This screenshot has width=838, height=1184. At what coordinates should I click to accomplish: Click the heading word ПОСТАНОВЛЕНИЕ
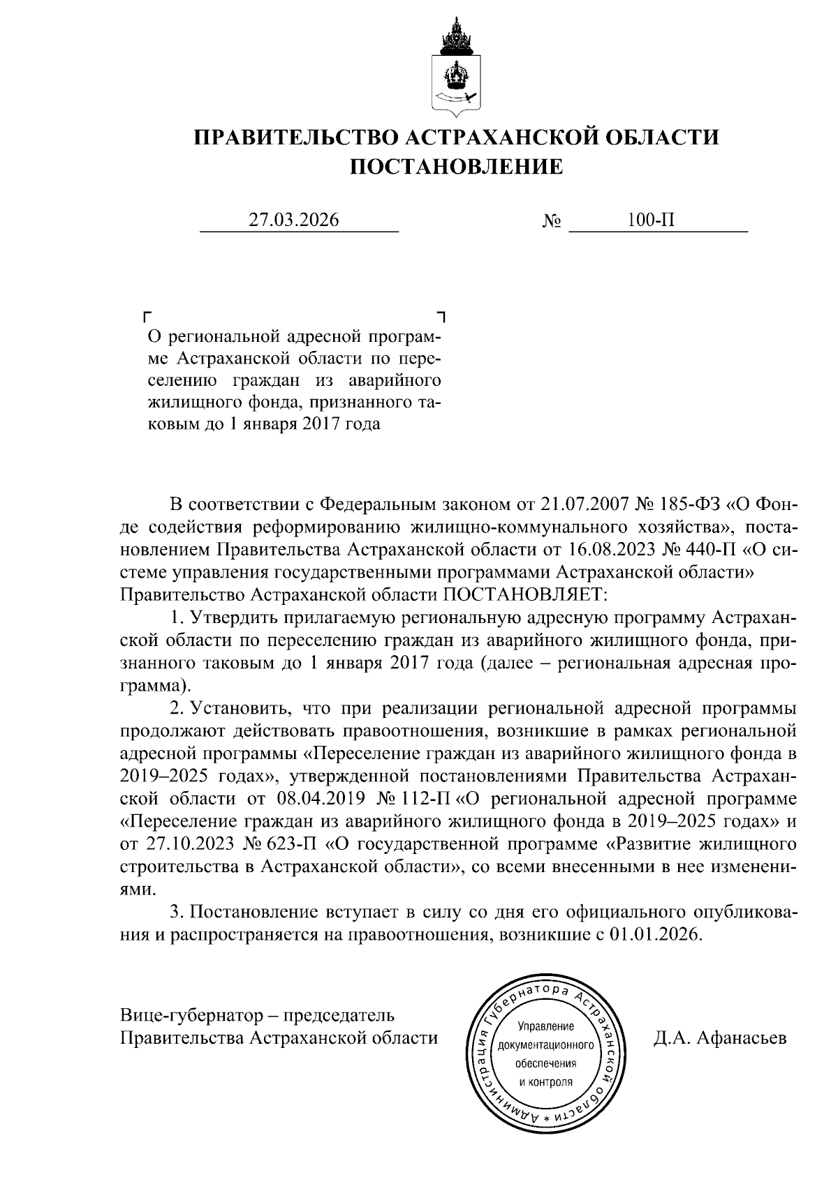point(455,167)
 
